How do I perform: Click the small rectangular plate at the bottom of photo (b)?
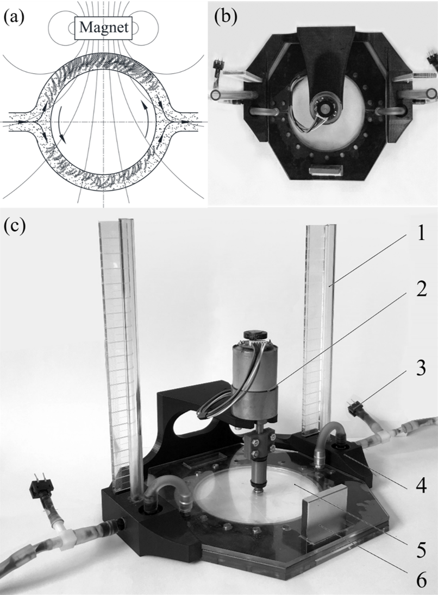pos(324,172)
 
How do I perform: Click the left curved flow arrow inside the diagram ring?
pos(59,119)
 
